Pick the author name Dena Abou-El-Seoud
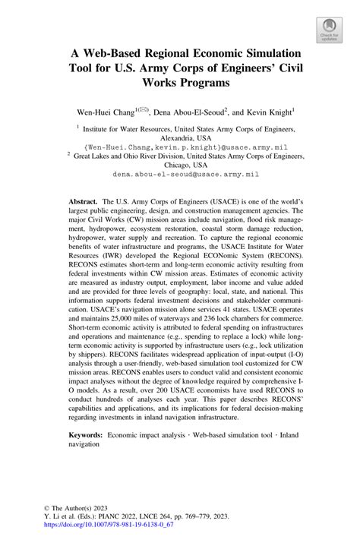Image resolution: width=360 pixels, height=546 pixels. (x=191, y=111)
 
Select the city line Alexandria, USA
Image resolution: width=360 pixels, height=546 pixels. (x=179, y=140)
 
